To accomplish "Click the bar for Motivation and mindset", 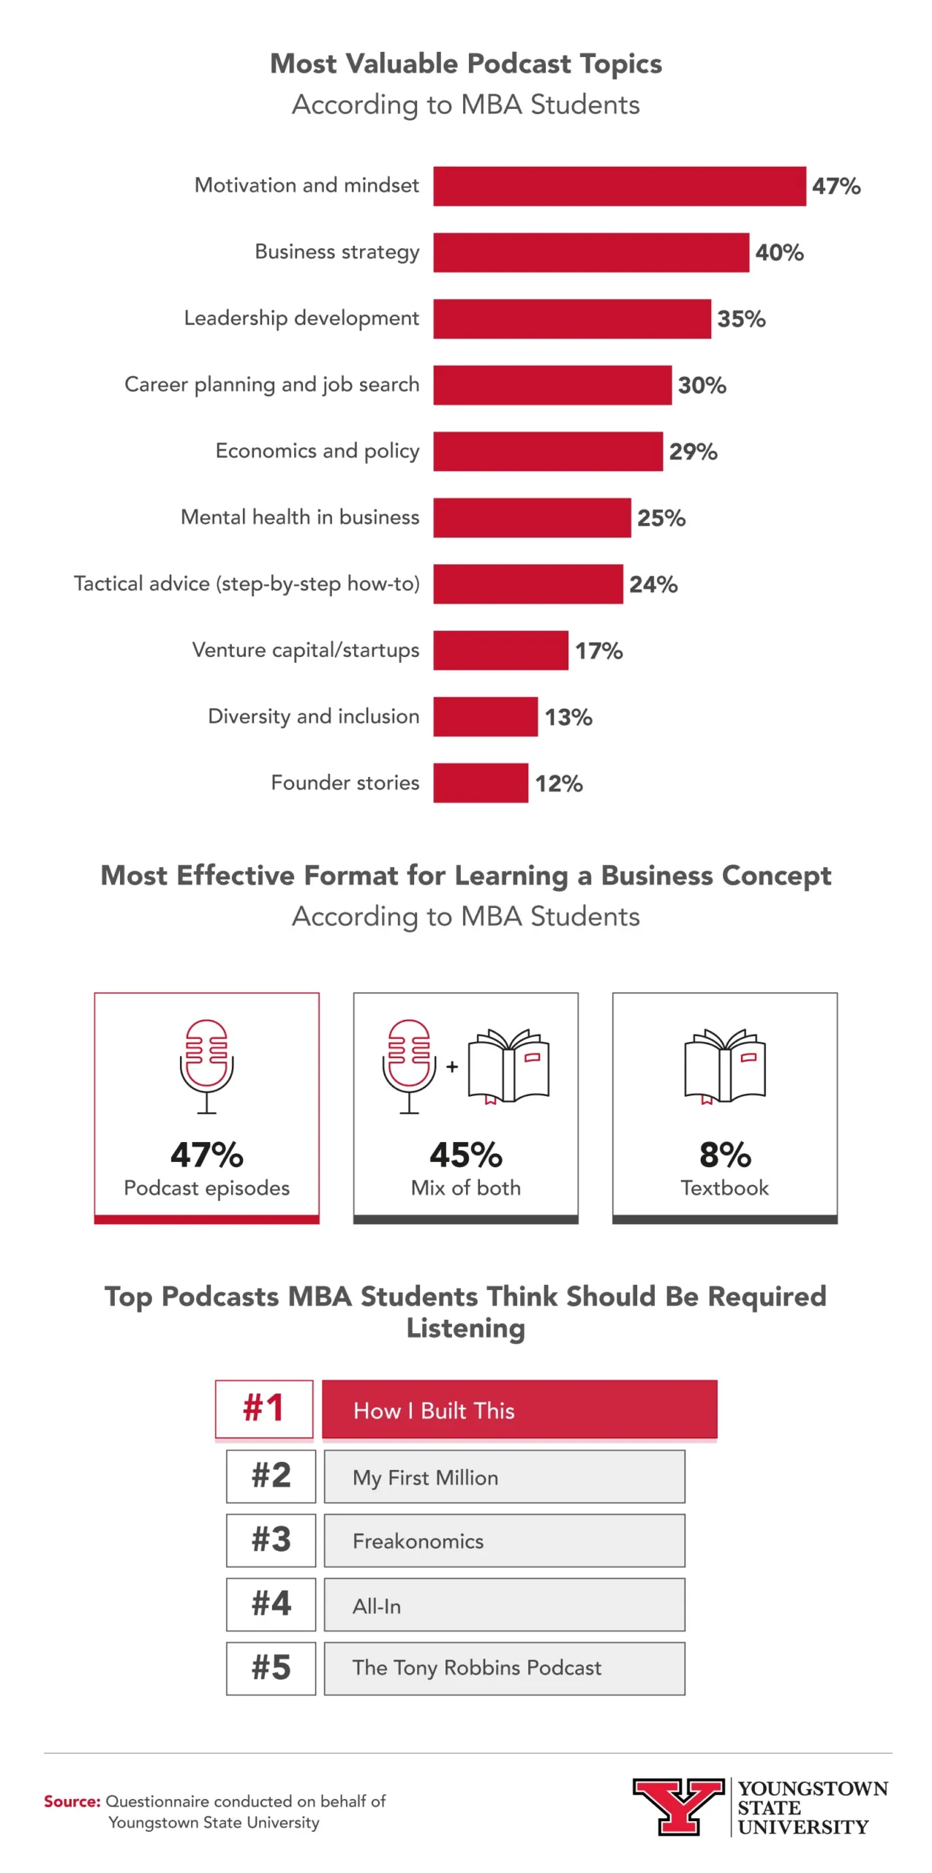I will (619, 186).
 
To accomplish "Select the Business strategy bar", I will (590, 252).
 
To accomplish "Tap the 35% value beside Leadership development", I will (740, 319).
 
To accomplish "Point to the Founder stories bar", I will (480, 783).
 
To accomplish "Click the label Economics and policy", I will (317, 451).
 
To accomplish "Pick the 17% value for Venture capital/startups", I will (598, 650).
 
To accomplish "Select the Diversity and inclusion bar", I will (485, 716).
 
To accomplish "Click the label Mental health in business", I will (300, 517).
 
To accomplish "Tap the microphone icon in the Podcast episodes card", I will (206, 1065).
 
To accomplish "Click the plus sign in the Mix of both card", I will (452, 1067).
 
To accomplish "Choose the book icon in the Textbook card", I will (724, 1065).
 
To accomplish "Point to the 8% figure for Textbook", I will (724, 1155).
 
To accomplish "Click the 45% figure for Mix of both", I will (465, 1155).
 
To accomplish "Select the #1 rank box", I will (264, 1408).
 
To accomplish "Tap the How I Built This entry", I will (519, 1409).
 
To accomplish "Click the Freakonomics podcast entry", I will (504, 1540).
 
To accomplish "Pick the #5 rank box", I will (271, 1668).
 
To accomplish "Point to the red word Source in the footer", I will (72, 1801).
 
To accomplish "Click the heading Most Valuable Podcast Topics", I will (466, 64).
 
